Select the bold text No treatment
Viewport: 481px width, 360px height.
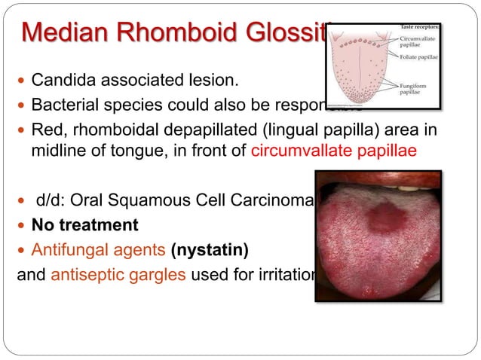tap(84, 224)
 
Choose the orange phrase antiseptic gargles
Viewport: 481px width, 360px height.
tap(118, 272)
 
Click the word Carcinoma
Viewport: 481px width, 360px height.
tap(277, 201)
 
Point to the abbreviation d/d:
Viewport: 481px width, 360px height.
tap(51, 201)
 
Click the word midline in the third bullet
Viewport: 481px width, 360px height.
tap(57, 151)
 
